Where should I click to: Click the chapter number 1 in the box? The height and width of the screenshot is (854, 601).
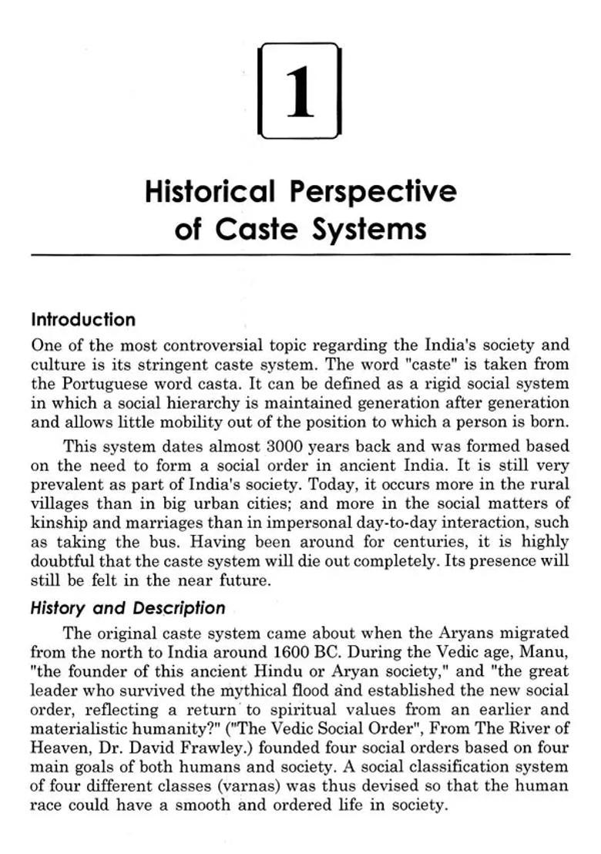pyautogui.click(x=300, y=92)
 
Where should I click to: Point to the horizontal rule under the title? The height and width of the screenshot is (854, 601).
pyautogui.click(x=300, y=254)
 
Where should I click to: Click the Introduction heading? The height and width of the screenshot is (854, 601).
pyautogui.click(x=83, y=320)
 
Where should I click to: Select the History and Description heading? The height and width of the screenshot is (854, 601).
pyautogui.click(x=128, y=608)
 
